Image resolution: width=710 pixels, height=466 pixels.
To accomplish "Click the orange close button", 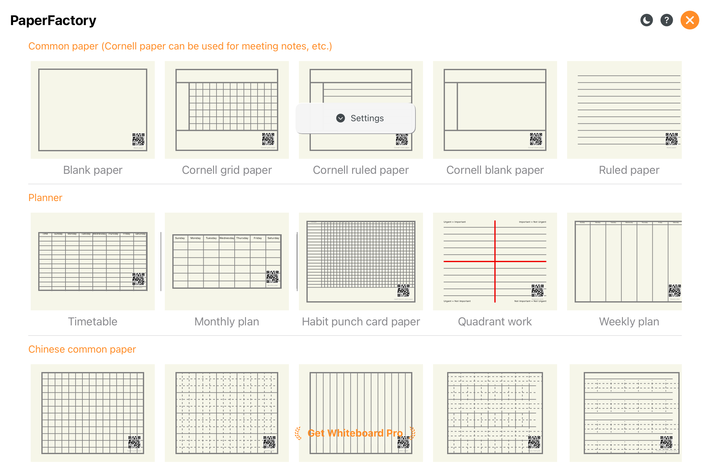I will (x=690, y=20).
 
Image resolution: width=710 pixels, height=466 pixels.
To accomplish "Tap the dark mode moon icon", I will (x=646, y=20).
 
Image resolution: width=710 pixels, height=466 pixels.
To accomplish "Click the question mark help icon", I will (x=666, y=20).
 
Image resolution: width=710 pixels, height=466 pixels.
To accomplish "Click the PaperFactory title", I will (x=53, y=21).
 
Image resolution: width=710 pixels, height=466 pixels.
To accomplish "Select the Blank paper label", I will (x=93, y=170).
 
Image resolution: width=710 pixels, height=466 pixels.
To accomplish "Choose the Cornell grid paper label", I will (x=227, y=170).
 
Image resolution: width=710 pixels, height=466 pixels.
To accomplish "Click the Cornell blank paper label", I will (x=495, y=170).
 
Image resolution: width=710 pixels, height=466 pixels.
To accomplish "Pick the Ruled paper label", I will (x=629, y=170).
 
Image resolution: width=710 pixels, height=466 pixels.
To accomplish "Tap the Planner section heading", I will (x=45, y=198).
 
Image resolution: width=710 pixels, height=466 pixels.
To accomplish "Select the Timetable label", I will (x=93, y=322).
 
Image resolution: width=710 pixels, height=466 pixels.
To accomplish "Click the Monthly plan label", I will (x=227, y=322).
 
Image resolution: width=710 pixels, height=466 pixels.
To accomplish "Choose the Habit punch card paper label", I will (x=361, y=322).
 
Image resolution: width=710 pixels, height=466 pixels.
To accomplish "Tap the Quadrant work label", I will (x=495, y=322).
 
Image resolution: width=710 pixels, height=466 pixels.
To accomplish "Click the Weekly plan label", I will (x=629, y=322).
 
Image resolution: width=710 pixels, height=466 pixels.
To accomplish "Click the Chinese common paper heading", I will (x=82, y=349).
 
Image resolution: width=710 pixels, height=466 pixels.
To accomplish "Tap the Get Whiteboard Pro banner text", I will (x=355, y=433).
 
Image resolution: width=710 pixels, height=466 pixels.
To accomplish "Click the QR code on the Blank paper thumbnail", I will (x=138, y=139).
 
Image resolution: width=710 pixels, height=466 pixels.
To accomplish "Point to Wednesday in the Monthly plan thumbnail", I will (x=227, y=238).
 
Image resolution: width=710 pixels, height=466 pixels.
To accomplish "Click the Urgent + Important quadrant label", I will (x=455, y=222).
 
